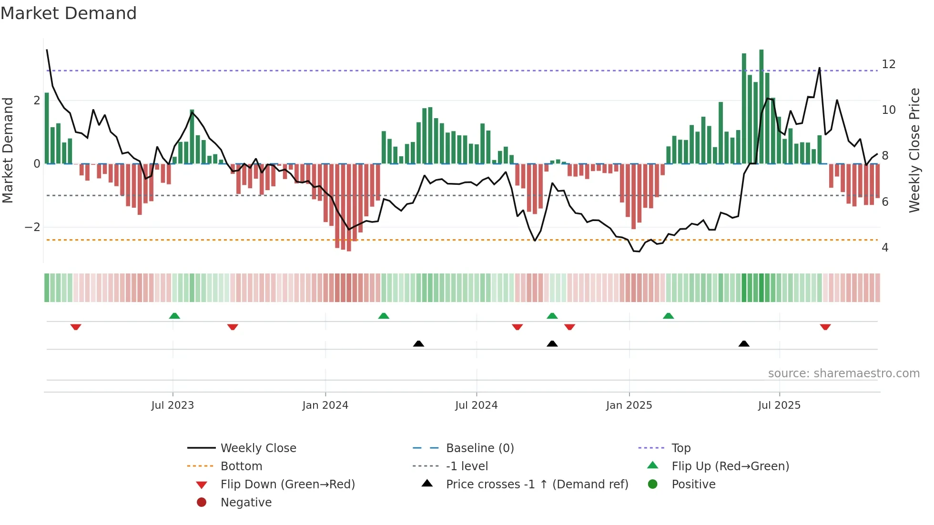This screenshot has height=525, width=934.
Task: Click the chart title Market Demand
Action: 69,13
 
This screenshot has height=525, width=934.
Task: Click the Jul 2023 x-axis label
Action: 173,405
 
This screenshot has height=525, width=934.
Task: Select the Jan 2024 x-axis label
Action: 325,405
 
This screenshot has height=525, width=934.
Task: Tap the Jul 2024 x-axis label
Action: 476,405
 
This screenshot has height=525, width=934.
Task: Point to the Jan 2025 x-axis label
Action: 629,405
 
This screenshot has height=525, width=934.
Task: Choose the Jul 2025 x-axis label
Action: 779,405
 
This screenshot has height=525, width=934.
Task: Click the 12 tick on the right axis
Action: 888,64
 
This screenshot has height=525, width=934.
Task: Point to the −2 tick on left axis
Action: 32,227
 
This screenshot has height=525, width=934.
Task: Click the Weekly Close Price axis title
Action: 914,150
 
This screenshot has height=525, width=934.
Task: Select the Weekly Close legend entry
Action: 258,448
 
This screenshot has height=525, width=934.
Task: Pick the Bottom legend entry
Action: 241,466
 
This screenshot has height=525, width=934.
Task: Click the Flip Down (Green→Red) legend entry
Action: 287,485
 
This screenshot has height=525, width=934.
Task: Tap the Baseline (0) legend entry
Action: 479,448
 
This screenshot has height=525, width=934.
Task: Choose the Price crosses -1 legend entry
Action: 537,485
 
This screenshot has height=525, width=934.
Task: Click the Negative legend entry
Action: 246,503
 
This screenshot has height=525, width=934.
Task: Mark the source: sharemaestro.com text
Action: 843,374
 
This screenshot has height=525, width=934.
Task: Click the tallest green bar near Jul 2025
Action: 761,107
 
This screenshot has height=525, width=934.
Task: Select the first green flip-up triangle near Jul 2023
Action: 174,316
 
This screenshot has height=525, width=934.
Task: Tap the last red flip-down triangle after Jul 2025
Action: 825,327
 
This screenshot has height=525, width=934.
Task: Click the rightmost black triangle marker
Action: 744,343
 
